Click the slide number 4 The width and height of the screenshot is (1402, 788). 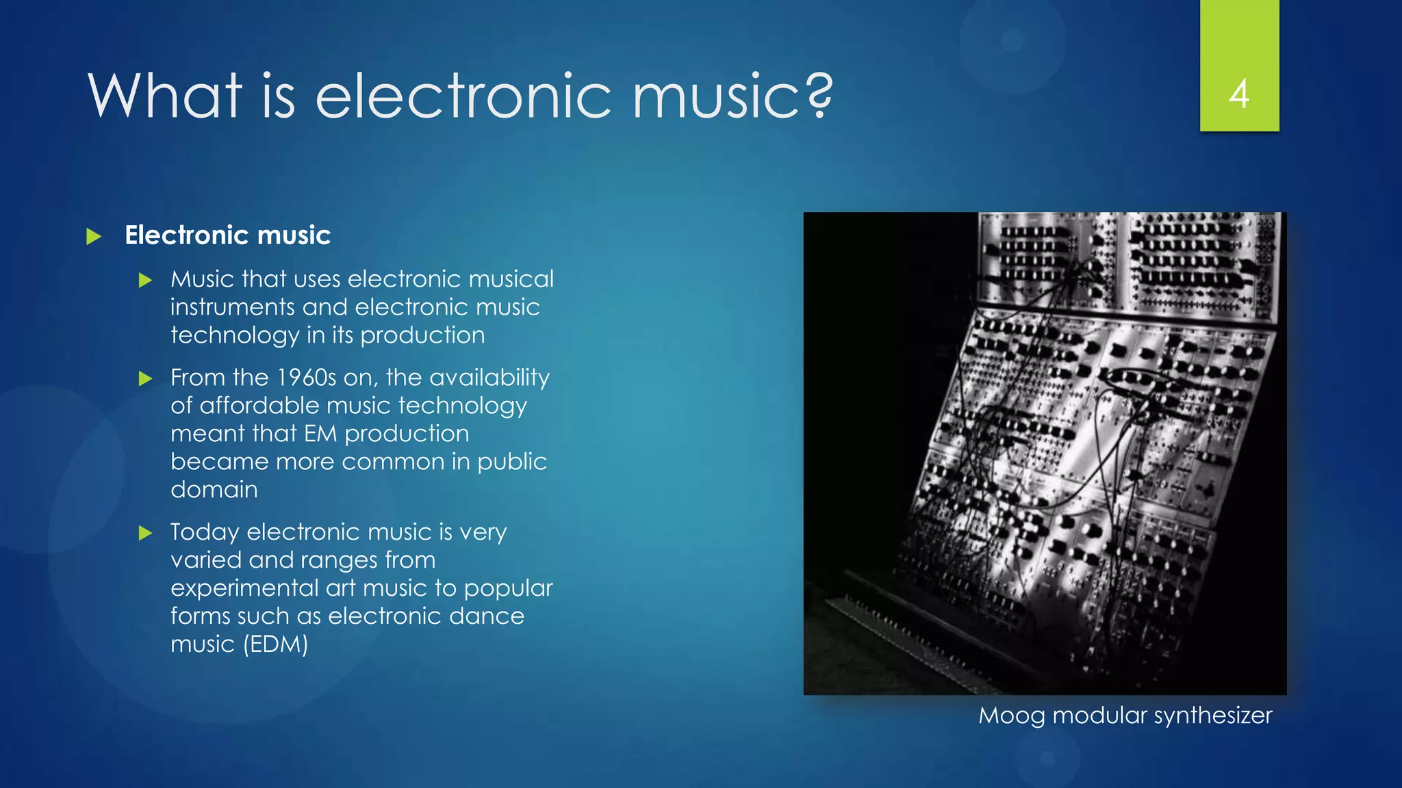1239,94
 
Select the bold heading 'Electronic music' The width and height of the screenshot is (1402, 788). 227,235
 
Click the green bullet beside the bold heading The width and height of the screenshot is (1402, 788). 94,237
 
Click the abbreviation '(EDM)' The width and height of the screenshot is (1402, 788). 275,644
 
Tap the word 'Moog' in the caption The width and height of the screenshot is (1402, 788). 1011,715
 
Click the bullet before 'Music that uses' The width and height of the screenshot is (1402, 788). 145,280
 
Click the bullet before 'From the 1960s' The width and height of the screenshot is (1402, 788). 145,378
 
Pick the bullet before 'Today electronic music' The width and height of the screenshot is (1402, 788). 145,533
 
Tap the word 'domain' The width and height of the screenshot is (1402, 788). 214,490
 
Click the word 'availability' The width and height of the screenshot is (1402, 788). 489,378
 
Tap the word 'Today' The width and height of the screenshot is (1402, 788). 204,532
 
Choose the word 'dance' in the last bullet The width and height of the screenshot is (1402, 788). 490,616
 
